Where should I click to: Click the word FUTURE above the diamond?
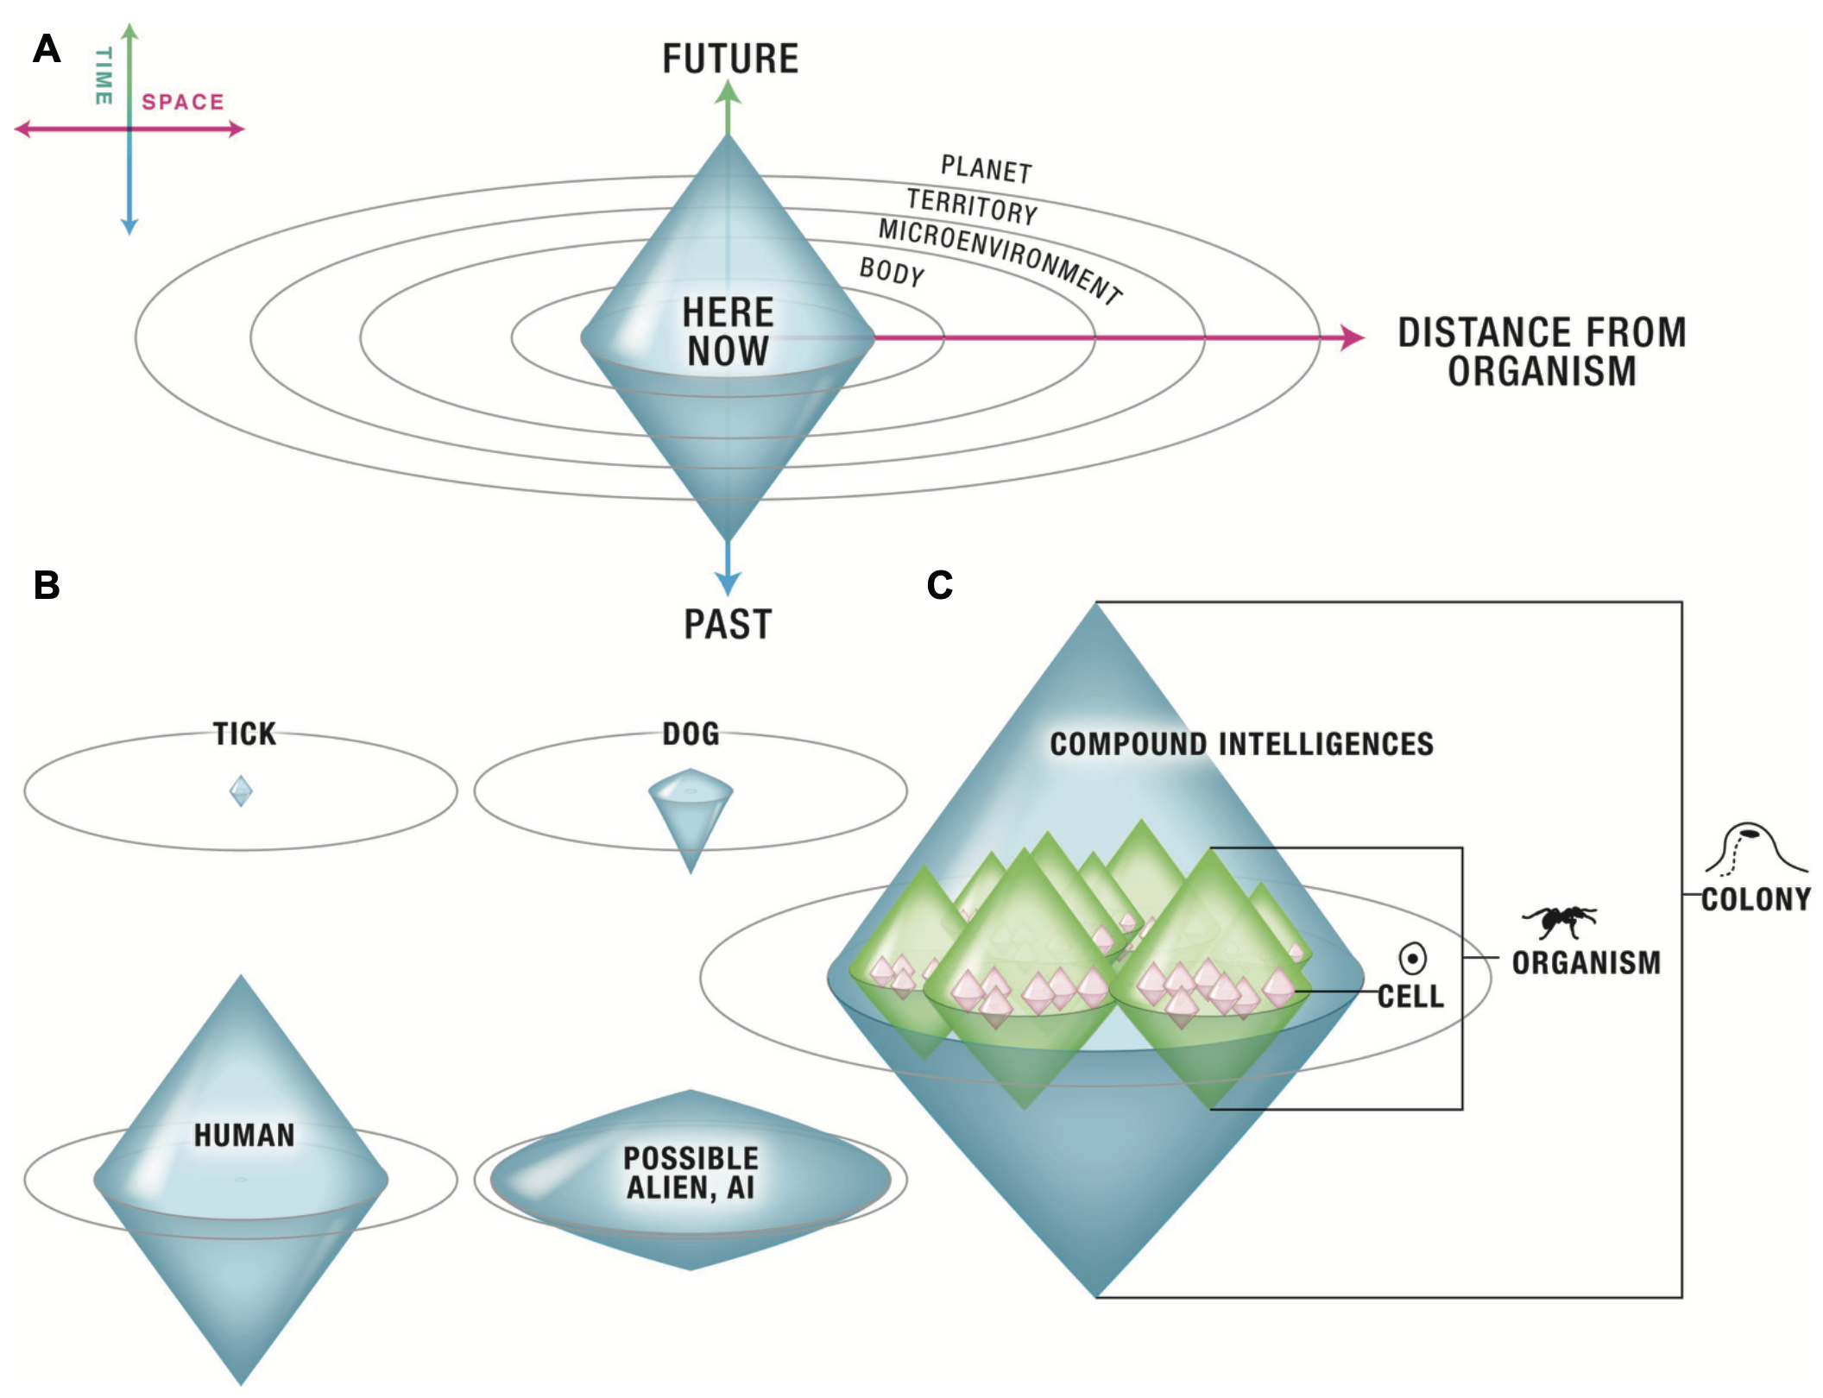tap(730, 59)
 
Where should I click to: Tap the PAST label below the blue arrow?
tap(728, 624)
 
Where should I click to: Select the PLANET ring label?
tap(987, 169)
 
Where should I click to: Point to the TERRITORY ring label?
tap(973, 207)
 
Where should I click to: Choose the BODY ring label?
tap(892, 273)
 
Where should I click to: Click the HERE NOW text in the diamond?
tap(728, 331)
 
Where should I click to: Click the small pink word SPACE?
tap(183, 102)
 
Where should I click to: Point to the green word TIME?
tap(104, 76)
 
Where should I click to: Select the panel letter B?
tap(47, 584)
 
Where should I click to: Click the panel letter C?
tap(940, 585)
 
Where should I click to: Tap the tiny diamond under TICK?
tap(241, 790)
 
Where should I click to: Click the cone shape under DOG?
tap(691, 815)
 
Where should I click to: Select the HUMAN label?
tap(244, 1136)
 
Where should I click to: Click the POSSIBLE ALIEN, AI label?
tap(691, 1173)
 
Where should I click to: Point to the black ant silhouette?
tap(1560, 921)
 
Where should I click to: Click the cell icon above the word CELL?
tap(1412, 958)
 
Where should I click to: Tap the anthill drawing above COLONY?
tap(1756, 849)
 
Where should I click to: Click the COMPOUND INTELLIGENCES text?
tap(1241, 744)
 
